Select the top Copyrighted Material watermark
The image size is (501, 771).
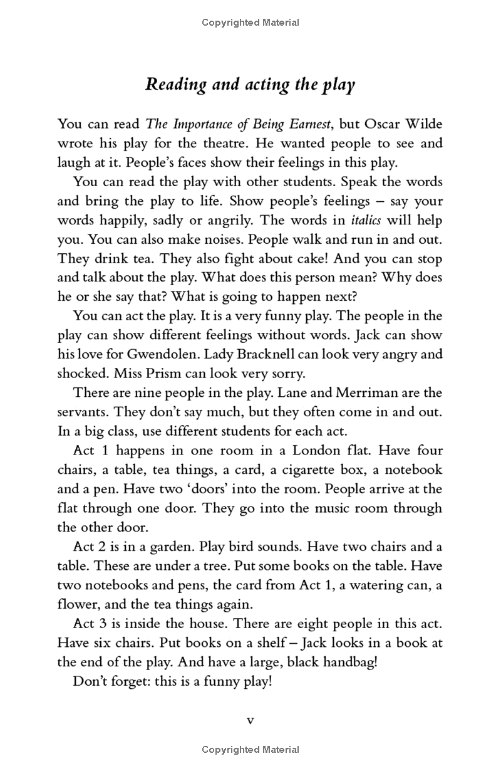tap(250, 23)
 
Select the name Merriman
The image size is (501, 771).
tap(368, 393)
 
